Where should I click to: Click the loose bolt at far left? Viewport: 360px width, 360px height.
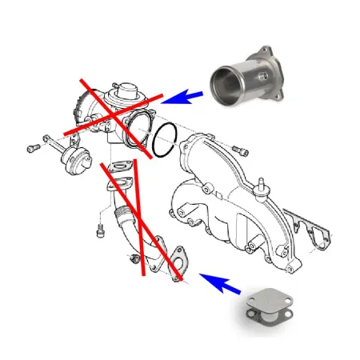tap(33, 148)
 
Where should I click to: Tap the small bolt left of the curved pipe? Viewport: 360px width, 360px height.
tap(99, 230)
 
